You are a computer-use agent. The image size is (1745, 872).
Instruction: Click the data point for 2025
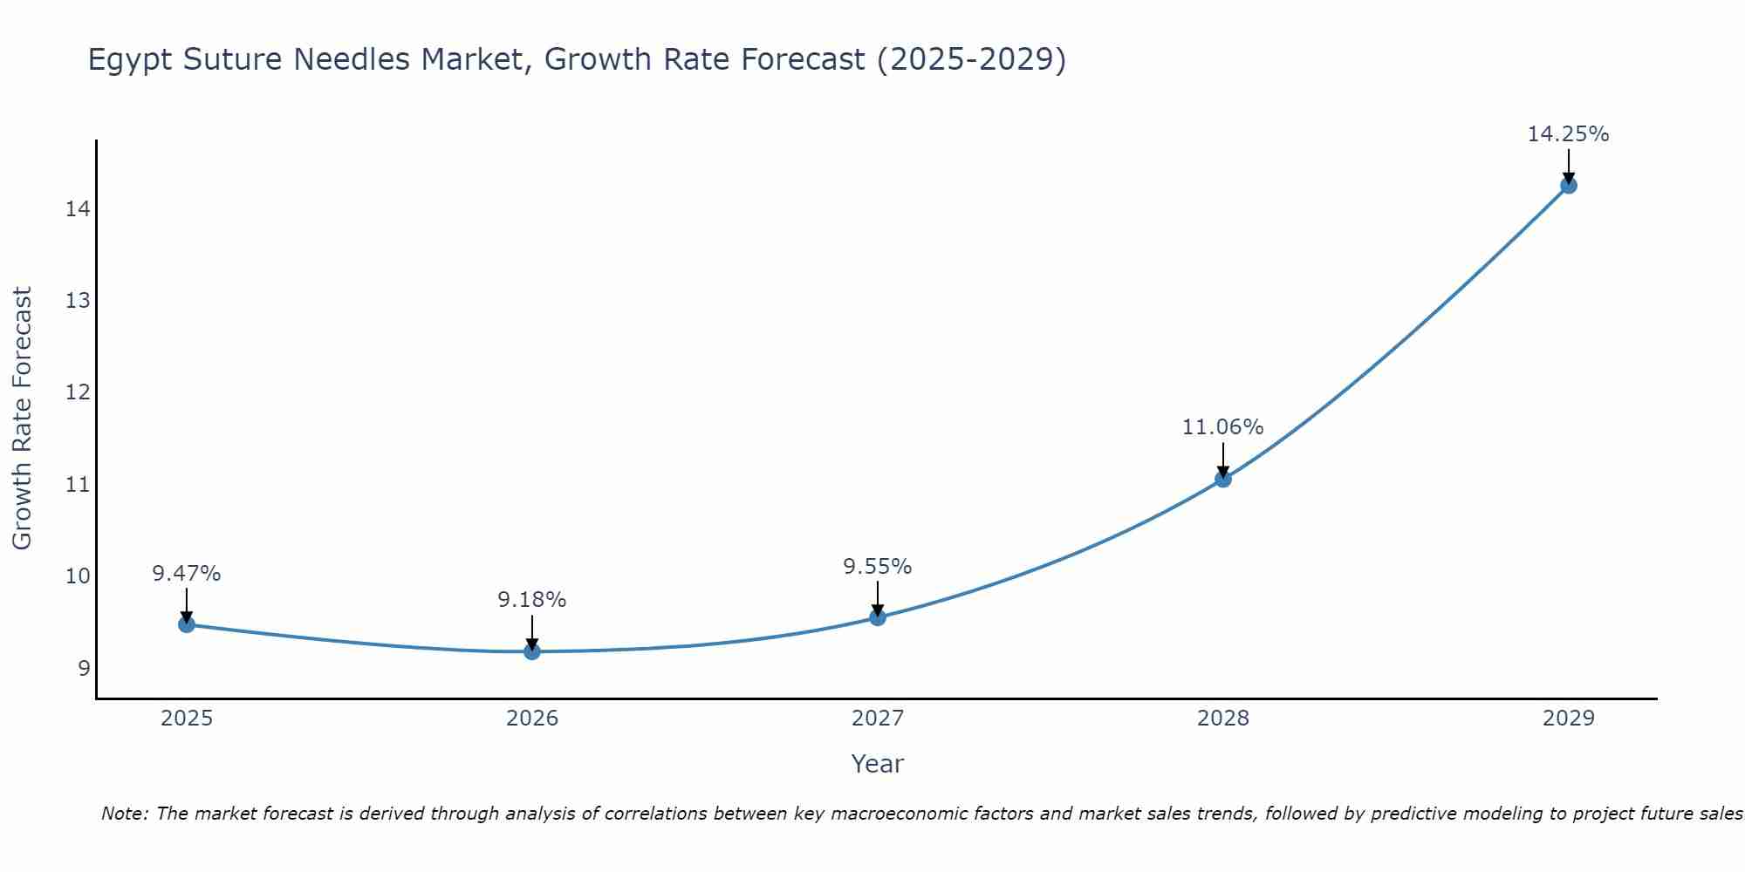coord(186,624)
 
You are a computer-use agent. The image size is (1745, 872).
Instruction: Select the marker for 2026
coord(531,651)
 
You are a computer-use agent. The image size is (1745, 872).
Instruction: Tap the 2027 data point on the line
coord(878,617)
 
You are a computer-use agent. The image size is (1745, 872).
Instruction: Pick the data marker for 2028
coord(1223,479)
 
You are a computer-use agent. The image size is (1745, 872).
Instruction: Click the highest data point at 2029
coord(1568,185)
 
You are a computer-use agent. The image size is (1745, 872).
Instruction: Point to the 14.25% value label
coord(1568,134)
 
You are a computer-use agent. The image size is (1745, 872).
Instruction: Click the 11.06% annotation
coord(1222,427)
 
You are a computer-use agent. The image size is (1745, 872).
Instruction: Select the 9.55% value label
coord(877,567)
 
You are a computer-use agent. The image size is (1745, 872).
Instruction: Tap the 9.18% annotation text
coord(531,600)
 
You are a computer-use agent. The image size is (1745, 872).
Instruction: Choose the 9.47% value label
coord(186,574)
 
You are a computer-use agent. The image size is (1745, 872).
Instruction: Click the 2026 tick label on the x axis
coord(532,719)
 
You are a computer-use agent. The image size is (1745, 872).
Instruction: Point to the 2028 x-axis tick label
coord(1223,719)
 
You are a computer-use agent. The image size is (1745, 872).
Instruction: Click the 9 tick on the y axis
coord(84,669)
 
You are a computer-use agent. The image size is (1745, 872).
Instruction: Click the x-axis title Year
coord(877,764)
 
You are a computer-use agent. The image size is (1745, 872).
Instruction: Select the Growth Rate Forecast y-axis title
coord(22,418)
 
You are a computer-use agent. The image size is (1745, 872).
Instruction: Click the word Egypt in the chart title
coord(128,60)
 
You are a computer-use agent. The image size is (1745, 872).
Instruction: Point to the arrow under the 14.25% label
coord(1568,166)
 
